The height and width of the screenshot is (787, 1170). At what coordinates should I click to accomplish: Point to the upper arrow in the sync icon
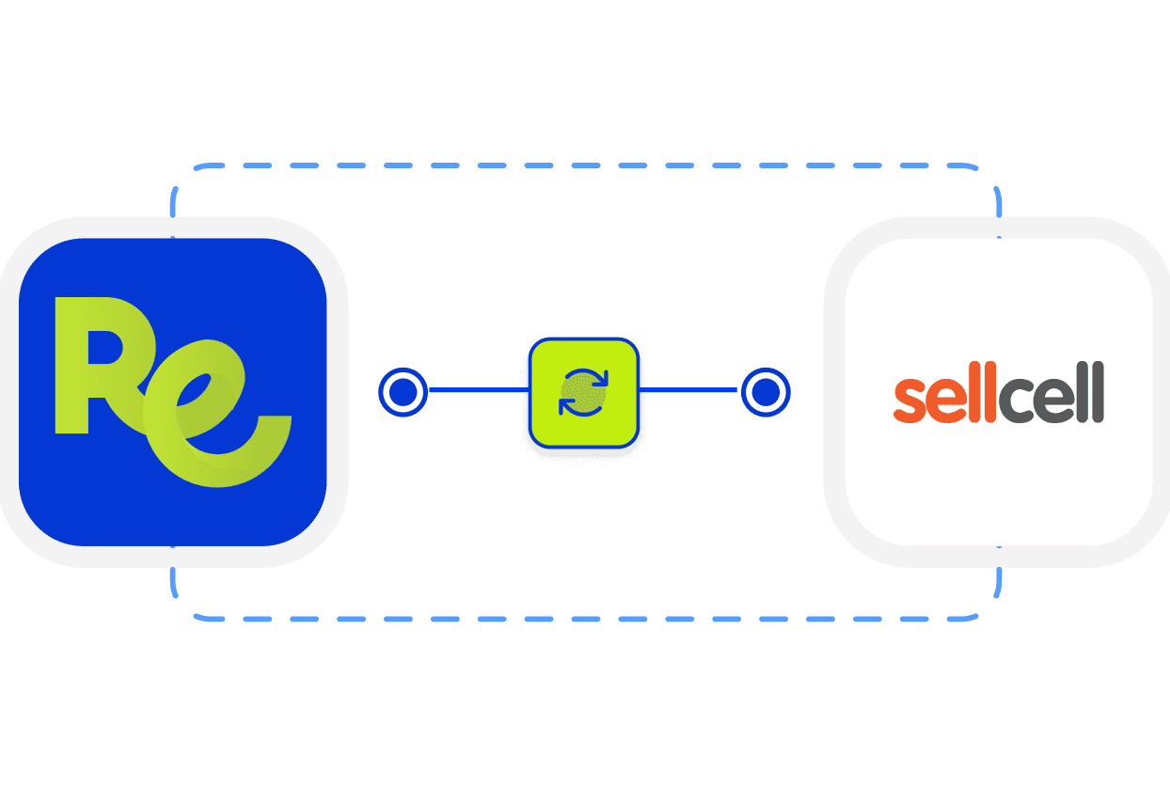click(587, 378)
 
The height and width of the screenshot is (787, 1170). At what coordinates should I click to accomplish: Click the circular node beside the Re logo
click(403, 391)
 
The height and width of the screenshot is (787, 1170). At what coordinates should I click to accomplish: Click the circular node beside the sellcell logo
click(766, 391)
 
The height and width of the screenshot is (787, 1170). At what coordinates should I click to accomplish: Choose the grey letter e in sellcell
click(1054, 401)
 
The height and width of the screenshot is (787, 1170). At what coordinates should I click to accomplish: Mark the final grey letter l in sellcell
click(1098, 392)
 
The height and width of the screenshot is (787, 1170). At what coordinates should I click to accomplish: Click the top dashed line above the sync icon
click(583, 166)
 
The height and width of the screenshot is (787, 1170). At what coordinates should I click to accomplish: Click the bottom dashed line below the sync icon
click(583, 619)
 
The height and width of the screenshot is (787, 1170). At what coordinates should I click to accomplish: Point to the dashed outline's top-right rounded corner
click(989, 179)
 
